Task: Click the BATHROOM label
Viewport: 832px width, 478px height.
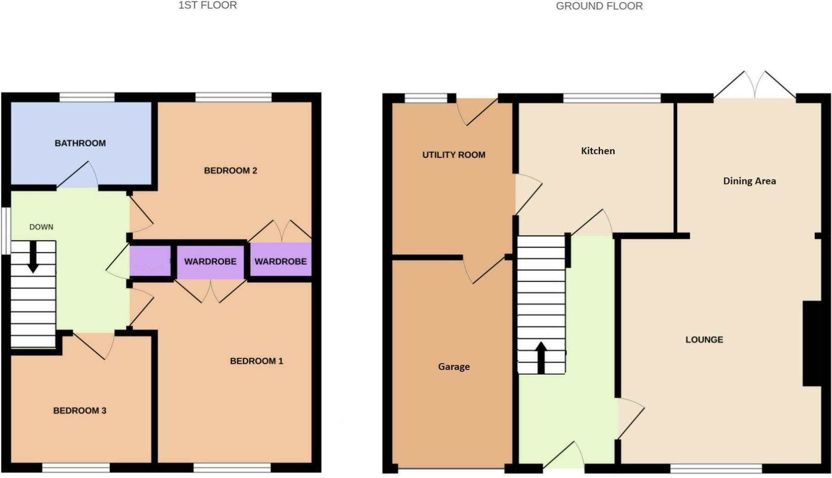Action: point(80,143)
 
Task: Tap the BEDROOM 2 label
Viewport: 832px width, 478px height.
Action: point(231,171)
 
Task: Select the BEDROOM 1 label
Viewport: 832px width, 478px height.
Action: point(256,361)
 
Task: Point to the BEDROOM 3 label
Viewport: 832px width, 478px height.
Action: point(80,411)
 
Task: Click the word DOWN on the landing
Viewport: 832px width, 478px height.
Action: point(41,227)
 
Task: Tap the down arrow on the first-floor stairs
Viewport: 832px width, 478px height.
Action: point(33,257)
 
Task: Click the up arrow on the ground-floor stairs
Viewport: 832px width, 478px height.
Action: point(541,357)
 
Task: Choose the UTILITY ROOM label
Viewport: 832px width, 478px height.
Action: point(454,155)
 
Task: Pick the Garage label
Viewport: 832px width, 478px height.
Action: point(454,367)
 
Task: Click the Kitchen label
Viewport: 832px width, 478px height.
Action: point(598,151)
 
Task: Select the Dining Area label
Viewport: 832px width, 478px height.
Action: point(749,181)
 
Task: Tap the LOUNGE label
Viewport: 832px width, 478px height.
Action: point(704,340)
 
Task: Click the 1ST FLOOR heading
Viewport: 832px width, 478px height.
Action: point(208,5)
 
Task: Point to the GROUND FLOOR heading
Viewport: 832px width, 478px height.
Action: point(599,6)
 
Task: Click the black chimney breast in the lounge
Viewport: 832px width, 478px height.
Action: point(812,343)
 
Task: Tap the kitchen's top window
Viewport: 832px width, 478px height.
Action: point(612,98)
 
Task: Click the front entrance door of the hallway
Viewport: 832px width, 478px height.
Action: point(564,456)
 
